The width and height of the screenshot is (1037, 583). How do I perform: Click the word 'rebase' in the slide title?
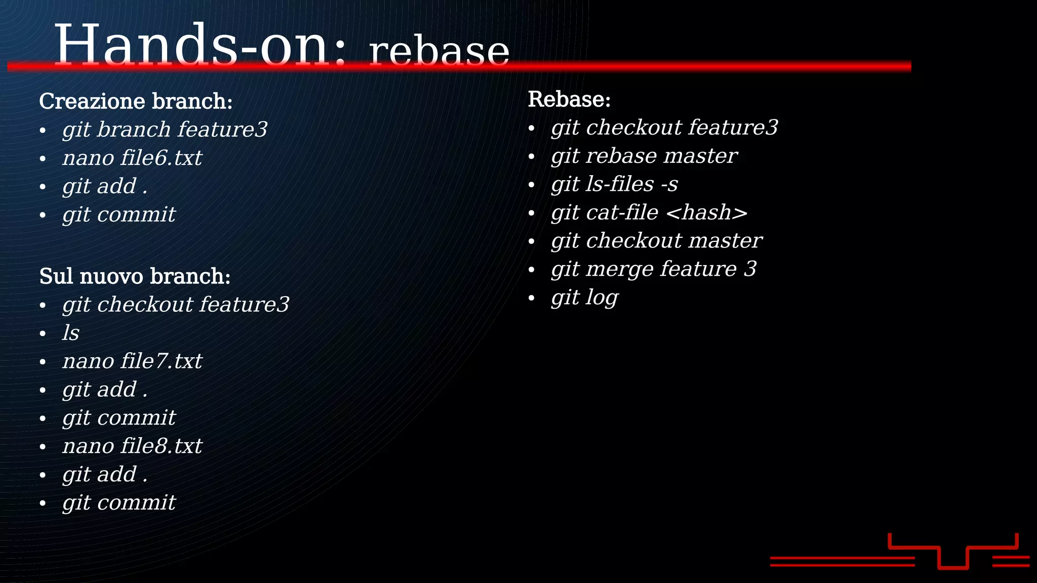click(x=439, y=52)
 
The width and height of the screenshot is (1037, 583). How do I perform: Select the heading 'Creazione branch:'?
click(x=136, y=101)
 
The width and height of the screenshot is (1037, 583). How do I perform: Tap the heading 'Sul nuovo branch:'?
click(x=135, y=276)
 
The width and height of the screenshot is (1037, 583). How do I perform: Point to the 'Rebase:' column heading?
click(x=569, y=99)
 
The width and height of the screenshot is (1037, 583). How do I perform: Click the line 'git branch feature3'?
click(x=165, y=130)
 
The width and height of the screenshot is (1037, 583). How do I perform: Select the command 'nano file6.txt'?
click(x=132, y=158)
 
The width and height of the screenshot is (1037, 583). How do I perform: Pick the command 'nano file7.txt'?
click(x=132, y=361)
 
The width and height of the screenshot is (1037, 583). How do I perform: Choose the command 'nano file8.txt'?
click(x=132, y=446)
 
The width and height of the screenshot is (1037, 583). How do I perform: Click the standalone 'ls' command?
click(x=71, y=333)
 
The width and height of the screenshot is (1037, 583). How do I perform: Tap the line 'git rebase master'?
click(x=644, y=156)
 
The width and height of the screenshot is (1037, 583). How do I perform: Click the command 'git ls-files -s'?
click(x=614, y=184)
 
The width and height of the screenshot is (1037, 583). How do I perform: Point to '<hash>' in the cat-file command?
click(x=707, y=213)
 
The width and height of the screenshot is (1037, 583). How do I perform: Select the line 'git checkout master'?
click(x=656, y=241)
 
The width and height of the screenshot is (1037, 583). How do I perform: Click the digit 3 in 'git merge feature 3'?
click(x=750, y=269)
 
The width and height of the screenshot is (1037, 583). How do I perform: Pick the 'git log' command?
click(x=585, y=298)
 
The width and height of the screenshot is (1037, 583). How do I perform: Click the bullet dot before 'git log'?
click(x=531, y=298)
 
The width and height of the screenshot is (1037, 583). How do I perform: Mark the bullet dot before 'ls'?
click(x=43, y=334)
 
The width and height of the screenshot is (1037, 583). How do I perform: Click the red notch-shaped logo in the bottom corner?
click(x=953, y=552)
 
